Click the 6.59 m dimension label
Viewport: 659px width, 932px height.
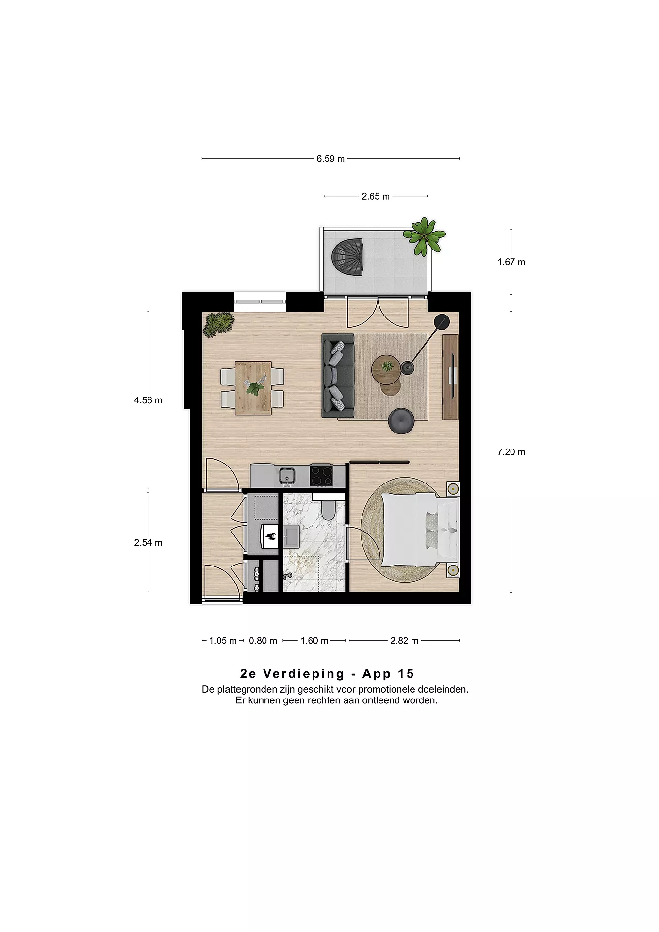(x=330, y=159)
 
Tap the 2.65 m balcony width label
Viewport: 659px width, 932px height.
(x=376, y=197)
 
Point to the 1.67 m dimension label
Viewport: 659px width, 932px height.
(x=511, y=262)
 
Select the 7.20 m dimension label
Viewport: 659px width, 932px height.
(x=511, y=452)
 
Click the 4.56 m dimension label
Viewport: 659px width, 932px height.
(x=148, y=400)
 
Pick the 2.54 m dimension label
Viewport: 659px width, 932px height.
(x=148, y=543)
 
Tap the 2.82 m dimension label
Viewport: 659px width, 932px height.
(x=404, y=641)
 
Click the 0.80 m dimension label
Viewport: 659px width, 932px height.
(x=263, y=641)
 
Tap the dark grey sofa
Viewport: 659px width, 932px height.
(x=338, y=376)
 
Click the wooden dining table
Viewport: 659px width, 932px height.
(x=253, y=387)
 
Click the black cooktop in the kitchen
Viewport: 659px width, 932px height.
(x=322, y=476)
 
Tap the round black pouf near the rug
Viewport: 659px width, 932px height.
(x=402, y=420)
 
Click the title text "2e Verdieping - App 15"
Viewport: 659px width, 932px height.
(x=327, y=674)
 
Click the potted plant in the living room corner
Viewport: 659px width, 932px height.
(x=218, y=324)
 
